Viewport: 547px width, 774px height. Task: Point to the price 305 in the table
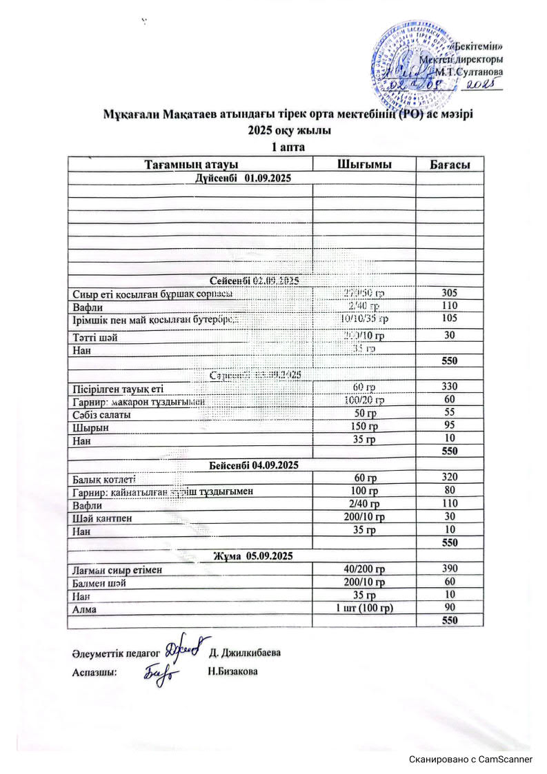click(450, 293)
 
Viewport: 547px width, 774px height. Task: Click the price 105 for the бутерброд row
click(450, 318)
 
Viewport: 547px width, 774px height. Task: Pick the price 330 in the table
click(450, 387)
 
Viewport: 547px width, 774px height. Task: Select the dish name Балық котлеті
click(103, 479)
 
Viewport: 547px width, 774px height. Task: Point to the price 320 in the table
click(450, 478)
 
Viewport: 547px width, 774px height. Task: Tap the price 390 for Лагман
click(450, 569)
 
